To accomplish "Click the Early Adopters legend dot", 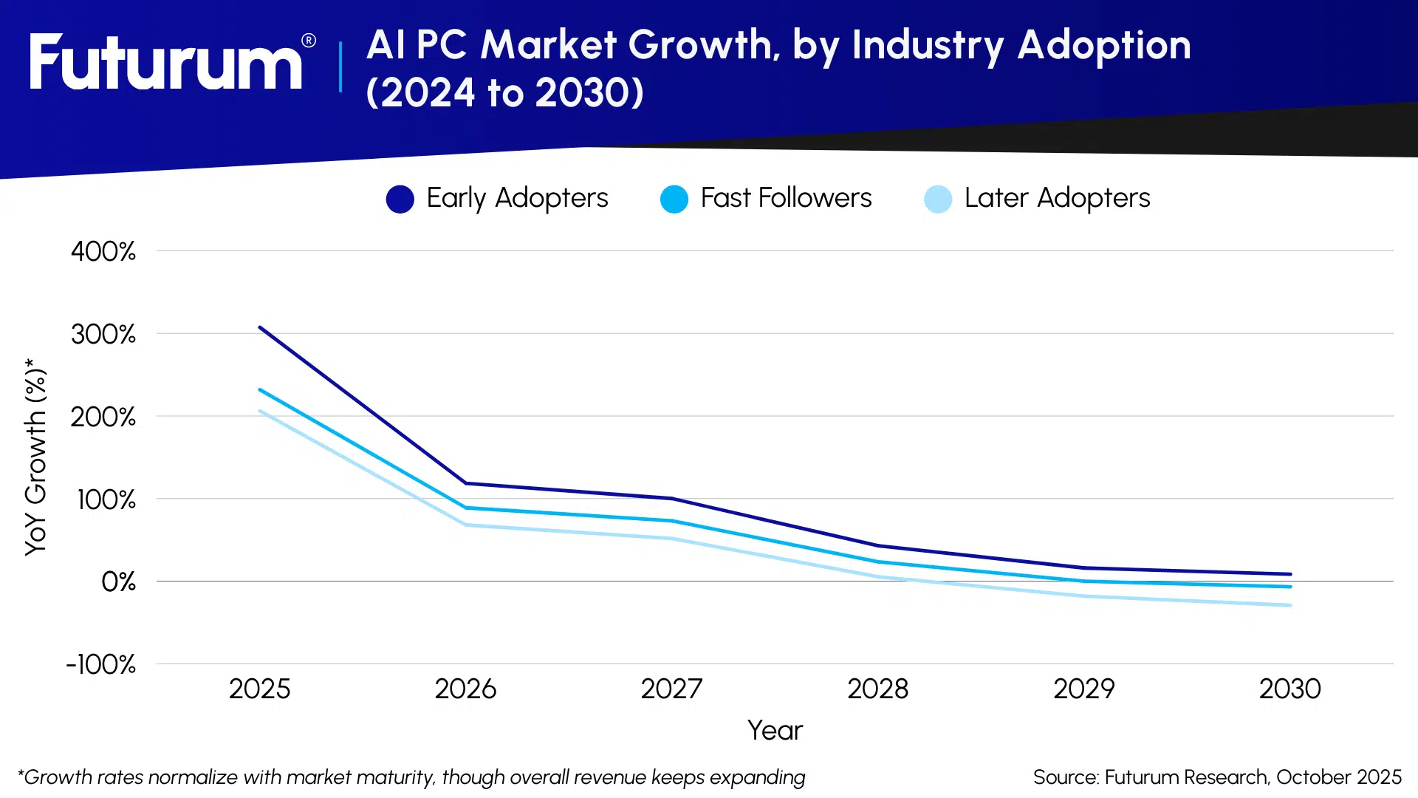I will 400,199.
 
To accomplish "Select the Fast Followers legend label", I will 786,198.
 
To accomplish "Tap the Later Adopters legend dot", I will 937,199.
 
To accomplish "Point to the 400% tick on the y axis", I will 103,251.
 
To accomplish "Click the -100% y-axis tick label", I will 101,664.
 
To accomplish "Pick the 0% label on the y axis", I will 118,582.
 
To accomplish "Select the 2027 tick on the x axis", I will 671,689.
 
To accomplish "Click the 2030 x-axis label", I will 1289,689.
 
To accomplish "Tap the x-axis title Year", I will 775,730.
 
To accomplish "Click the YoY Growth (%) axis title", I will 35,457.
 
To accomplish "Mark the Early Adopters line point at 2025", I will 260,327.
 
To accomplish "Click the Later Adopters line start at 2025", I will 260,411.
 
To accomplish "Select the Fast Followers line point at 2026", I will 466,508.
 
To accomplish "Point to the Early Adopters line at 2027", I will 672,499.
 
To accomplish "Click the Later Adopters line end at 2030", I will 1289,605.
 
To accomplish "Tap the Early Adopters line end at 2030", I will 1289,574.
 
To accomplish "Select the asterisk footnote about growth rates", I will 411,777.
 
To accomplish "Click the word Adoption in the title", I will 1103,46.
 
